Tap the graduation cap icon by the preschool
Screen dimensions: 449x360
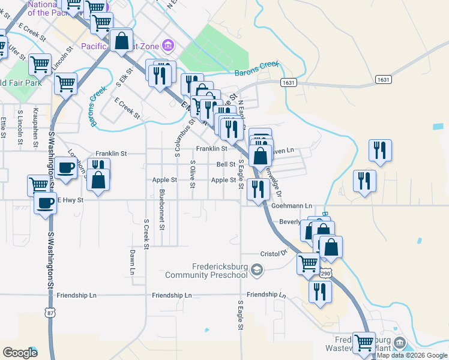click(x=257, y=271)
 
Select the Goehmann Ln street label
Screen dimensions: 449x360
click(x=293, y=205)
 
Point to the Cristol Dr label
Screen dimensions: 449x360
click(x=273, y=254)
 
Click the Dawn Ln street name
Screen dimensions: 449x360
click(x=132, y=263)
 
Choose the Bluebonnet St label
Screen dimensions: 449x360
click(x=161, y=210)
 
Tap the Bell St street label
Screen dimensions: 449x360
click(x=226, y=164)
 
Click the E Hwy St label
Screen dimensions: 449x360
click(x=70, y=199)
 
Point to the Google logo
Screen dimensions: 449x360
click(x=20, y=353)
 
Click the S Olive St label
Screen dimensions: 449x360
click(x=193, y=173)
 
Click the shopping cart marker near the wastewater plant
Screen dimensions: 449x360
click(x=364, y=343)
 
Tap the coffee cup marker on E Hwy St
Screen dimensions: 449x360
click(x=45, y=202)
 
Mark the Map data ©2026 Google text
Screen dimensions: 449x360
click(x=412, y=355)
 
